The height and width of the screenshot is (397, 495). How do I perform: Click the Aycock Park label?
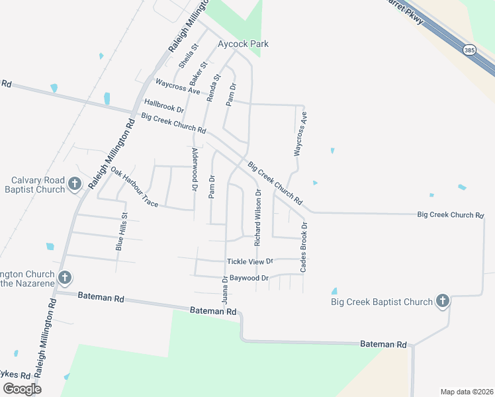coord(244,44)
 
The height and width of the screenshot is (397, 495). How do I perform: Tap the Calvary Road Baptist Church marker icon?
coord(75,184)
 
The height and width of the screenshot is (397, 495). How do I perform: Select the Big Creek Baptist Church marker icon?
coord(443,302)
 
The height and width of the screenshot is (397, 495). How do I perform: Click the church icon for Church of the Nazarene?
coord(64,278)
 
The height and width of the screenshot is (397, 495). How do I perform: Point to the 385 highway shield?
coord(469,50)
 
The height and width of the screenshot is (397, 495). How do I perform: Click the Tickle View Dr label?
coord(249,262)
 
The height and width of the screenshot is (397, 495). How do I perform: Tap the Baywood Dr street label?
coord(249,278)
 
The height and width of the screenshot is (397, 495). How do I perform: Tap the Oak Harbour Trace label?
coord(134,188)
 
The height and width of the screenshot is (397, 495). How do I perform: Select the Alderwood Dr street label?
coord(195,170)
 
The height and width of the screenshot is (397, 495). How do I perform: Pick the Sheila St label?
coord(188,57)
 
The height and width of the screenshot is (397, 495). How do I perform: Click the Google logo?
coord(22,389)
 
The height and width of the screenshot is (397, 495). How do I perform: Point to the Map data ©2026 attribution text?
coord(467,392)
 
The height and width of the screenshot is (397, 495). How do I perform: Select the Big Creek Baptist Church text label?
coord(382,302)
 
